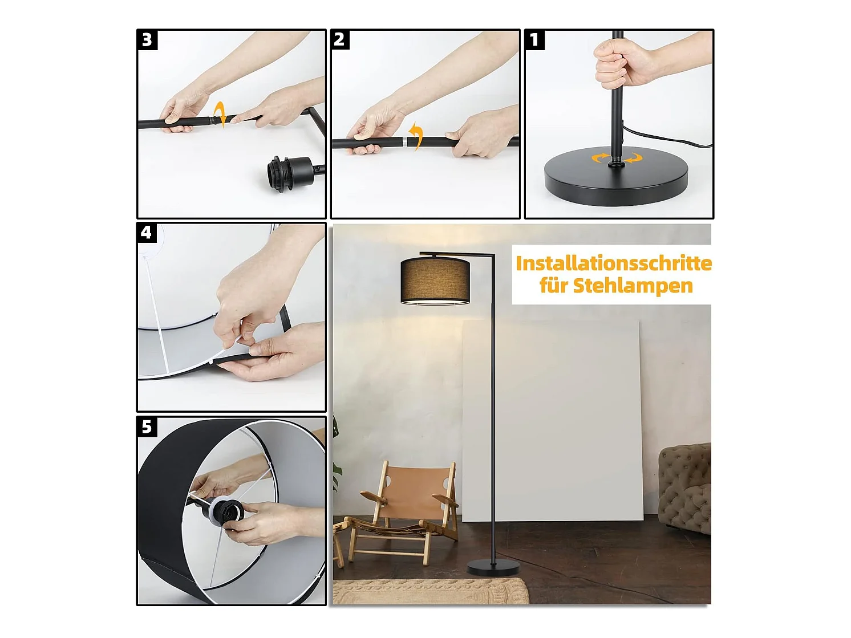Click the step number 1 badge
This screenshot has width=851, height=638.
pos(534,40)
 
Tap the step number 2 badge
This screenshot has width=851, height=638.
pos(339,40)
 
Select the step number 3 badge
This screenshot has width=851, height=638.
pos(147,40)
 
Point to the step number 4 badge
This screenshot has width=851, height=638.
pos(147,233)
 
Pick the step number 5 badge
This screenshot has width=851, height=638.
pos(147,427)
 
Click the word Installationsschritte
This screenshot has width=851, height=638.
pos(614,263)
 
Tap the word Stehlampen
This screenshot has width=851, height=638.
pos(633,286)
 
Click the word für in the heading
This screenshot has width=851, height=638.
pos(554,286)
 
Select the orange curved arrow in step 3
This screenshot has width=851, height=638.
pos(221,114)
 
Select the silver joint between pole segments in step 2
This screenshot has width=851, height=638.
pos(405,142)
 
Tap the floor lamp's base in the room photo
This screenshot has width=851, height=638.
pos(493,567)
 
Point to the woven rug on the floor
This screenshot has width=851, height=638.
pos(430,591)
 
